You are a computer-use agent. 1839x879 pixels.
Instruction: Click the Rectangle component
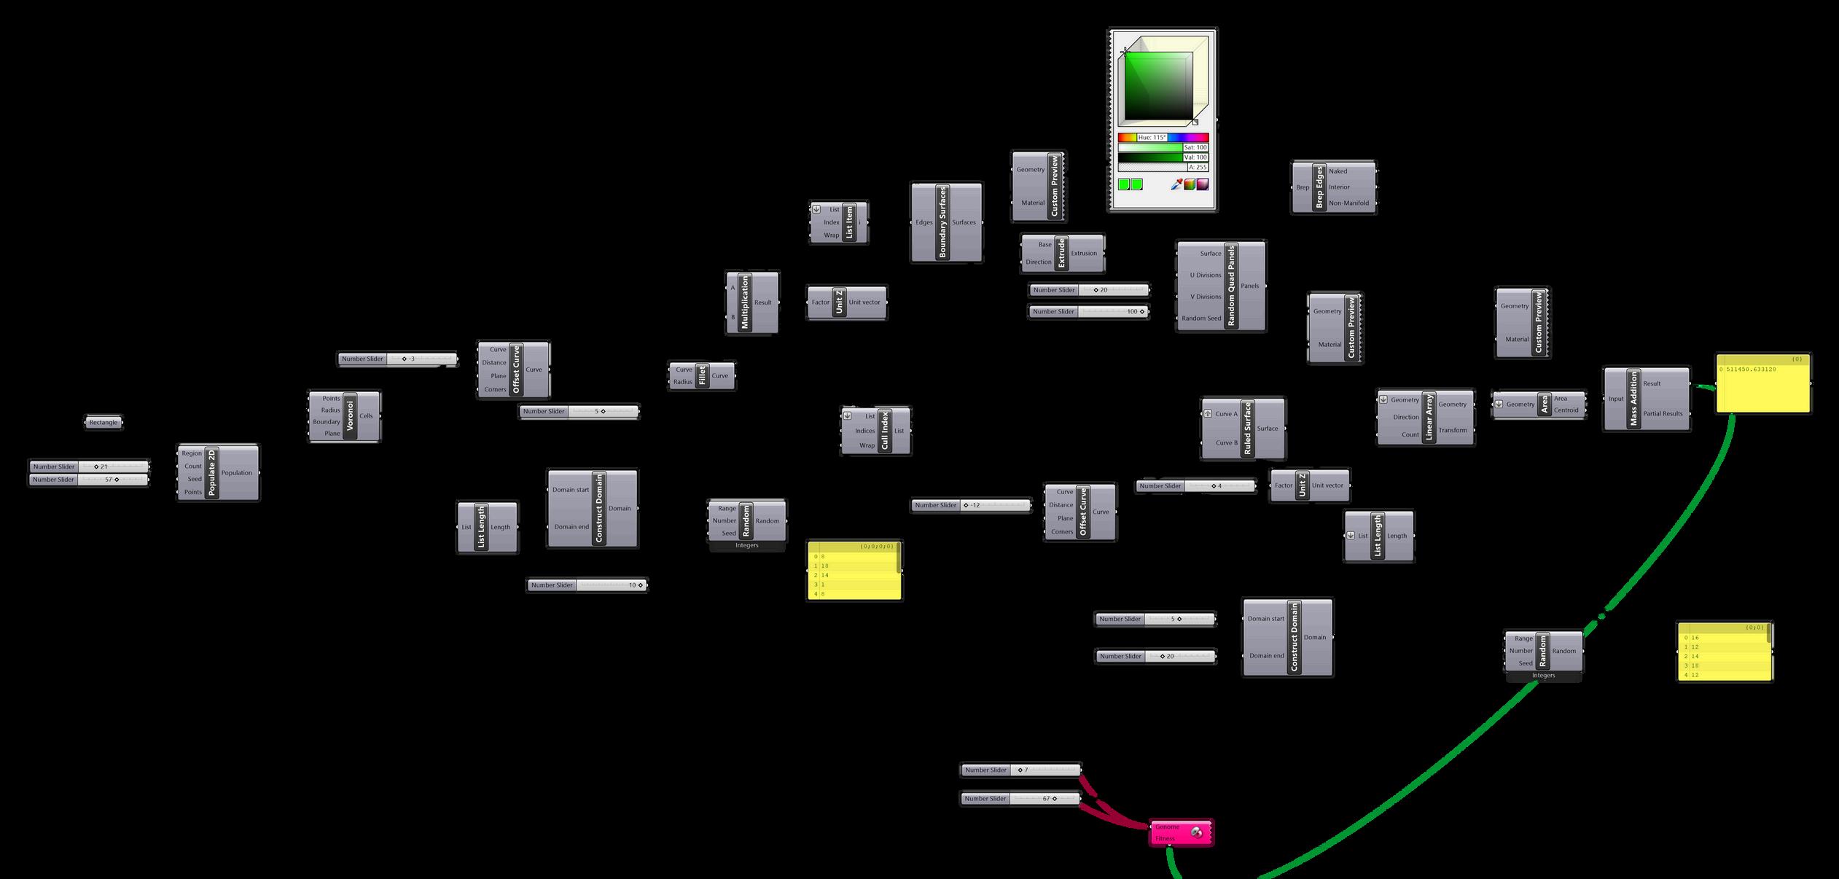click(104, 423)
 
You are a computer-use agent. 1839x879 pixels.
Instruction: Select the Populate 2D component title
click(212, 472)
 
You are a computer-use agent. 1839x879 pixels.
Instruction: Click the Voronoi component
click(349, 416)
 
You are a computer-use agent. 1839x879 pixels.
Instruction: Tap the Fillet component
click(702, 375)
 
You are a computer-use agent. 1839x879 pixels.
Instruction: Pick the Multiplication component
click(744, 302)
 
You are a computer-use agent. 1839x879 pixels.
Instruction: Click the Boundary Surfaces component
click(942, 222)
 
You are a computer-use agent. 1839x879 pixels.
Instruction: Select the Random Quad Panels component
click(1231, 286)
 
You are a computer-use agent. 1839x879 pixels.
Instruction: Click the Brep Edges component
click(1319, 187)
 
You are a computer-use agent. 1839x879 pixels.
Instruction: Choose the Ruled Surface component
click(1247, 429)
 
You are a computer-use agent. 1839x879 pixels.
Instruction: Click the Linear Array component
click(1429, 416)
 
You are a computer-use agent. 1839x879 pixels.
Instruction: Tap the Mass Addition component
click(1633, 398)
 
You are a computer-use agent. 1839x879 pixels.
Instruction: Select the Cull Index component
click(885, 431)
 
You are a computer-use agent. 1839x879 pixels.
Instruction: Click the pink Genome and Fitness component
click(1182, 832)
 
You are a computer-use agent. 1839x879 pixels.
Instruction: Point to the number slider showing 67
click(1020, 799)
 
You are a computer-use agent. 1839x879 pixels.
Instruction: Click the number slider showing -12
click(971, 505)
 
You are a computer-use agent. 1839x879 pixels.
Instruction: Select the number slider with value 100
click(1089, 312)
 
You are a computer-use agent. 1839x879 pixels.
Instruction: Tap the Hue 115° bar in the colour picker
click(1163, 137)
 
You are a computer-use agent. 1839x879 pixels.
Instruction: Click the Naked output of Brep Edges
click(1338, 171)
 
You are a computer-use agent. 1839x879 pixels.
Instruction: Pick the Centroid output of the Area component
click(1566, 410)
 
